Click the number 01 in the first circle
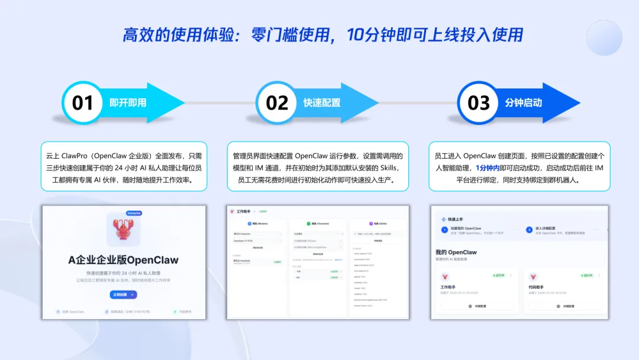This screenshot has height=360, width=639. coord(83,102)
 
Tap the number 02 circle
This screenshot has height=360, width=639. coord(276,102)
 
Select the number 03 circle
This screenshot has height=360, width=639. coord(479,102)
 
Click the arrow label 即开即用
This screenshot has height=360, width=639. coord(128,102)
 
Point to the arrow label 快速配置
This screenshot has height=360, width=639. coord(322,102)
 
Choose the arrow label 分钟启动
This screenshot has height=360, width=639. coord(523,102)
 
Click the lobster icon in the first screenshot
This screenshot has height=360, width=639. coord(123,230)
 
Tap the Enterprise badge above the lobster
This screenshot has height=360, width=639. coord(134,213)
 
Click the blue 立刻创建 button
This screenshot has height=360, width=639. coord(123,294)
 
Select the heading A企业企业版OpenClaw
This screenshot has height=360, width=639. coord(123,260)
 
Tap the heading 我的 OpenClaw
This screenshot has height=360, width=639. coord(456,252)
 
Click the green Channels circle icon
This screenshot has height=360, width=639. coord(309,224)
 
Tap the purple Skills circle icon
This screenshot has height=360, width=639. coord(371,224)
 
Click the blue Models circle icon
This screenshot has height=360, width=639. coord(248,224)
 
